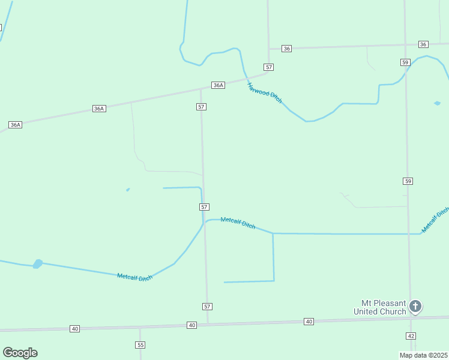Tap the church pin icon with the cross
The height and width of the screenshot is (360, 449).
[x=415, y=307]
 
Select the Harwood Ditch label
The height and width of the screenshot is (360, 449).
[x=264, y=92]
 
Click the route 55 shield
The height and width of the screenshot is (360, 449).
[x=140, y=345]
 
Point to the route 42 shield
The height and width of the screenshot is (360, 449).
[x=411, y=336]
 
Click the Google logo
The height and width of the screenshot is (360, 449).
[x=20, y=353]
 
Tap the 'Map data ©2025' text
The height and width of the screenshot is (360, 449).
[x=423, y=355]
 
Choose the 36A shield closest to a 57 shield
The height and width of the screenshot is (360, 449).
[x=218, y=85]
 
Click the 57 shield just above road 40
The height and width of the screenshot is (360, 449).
[x=207, y=307]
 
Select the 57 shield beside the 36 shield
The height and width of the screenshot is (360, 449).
[x=269, y=67]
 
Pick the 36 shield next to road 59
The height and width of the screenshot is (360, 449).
[x=423, y=44]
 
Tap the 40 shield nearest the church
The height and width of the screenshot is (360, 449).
[x=309, y=322]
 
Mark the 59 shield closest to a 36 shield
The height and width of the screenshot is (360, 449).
[x=406, y=62]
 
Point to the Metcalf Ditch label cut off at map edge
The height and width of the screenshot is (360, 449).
[x=435, y=220]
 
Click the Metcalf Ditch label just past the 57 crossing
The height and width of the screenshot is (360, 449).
[x=238, y=223]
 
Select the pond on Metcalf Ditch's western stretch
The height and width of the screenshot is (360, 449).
[x=38, y=263]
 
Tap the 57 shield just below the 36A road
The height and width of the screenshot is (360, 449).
[x=201, y=106]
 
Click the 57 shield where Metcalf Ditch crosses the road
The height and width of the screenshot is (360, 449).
[x=204, y=206]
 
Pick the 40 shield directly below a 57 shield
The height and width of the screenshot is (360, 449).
[x=191, y=325]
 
